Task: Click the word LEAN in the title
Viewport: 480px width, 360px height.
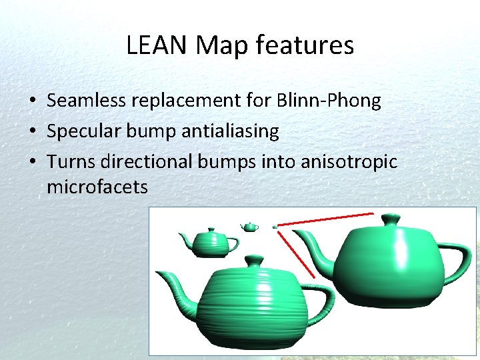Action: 153,45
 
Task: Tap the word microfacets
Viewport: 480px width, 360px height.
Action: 97,187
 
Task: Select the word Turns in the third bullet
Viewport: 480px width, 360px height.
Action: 70,161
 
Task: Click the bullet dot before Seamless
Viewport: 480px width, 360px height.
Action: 32,102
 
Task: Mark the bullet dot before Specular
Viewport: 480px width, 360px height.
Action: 32,132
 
